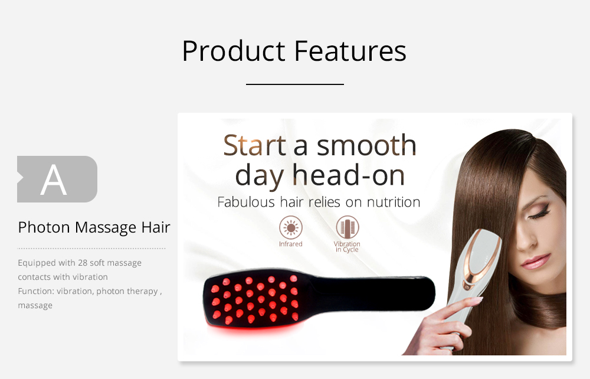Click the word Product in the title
pyautogui.click(x=233, y=51)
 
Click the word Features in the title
pyautogui.click(x=350, y=51)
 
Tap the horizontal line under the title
pyautogui.click(x=294, y=84)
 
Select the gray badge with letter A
pyautogui.click(x=57, y=179)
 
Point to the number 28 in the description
pyautogui.click(x=83, y=263)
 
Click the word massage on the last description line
pyautogui.click(x=35, y=305)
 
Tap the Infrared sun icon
pyautogui.click(x=290, y=227)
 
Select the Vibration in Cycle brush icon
pyautogui.click(x=348, y=227)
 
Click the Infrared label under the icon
pyautogui.click(x=290, y=244)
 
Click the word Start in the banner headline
pyautogui.click(x=254, y=145)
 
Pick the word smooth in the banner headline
pyautogui.click(x=366, y=145)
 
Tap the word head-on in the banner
pyautogui.click(x=349, y=175)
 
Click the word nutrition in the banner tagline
pyautogui.click(x=394, y=202)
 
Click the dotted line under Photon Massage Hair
pyautogui.click(x=91, y=249)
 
